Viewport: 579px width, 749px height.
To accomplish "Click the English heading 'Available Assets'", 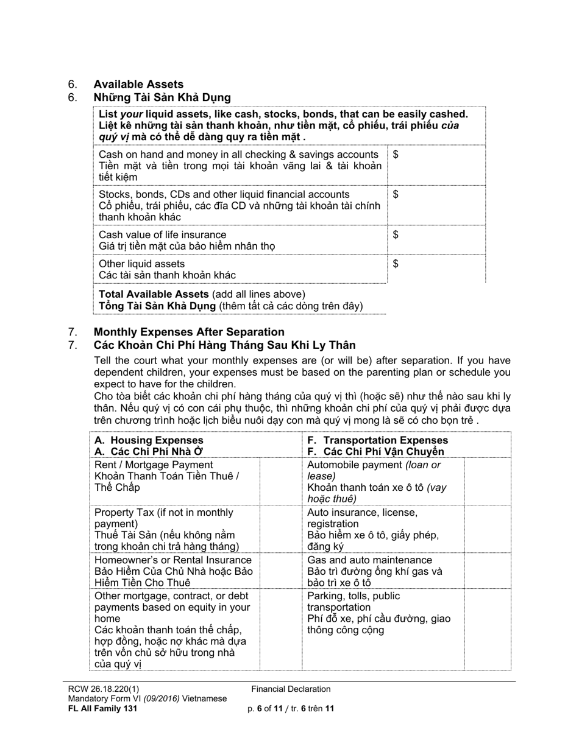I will click(138, 84).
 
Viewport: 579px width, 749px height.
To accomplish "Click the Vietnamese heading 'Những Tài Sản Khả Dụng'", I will click(162, 97).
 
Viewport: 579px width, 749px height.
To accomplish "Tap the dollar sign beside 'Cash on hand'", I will click(396, 155).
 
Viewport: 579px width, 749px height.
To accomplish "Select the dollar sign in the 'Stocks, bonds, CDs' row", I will click(396, 194).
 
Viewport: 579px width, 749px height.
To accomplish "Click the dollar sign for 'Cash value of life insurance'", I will click(396, 234).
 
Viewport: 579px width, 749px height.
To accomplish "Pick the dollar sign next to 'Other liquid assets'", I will click(396, 264).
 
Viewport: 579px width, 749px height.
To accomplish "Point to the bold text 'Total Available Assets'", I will click(154, 294).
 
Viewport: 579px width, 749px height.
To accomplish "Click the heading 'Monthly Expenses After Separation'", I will click(189, 332).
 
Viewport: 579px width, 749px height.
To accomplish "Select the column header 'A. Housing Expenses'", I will click(149, 440).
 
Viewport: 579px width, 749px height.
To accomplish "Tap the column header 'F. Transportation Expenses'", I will click(377, 440).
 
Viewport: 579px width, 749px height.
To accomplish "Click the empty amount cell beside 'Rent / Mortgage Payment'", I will click(280, 481).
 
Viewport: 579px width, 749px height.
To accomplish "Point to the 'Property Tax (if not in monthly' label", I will click(163, 512).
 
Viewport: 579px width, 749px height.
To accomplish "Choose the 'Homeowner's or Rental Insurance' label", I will click(173, 560).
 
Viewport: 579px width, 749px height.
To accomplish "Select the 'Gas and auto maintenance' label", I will click(369, 560).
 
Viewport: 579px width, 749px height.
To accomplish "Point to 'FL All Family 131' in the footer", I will click(102, 708).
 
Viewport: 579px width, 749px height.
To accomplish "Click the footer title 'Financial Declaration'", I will click(291, 689).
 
